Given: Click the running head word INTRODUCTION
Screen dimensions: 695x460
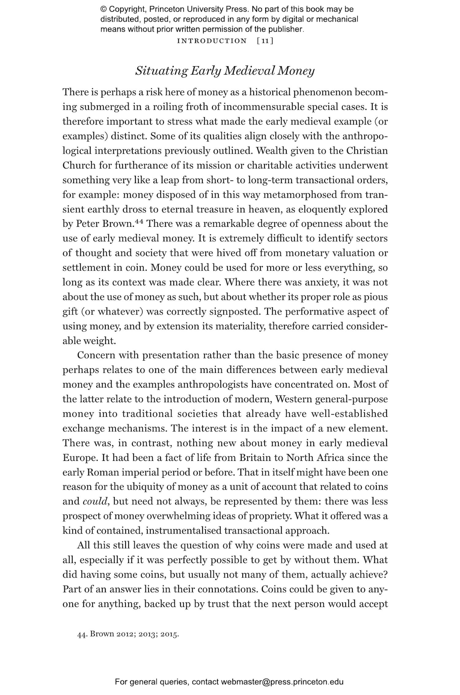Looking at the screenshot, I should pyautogui.click(x=212, y=41).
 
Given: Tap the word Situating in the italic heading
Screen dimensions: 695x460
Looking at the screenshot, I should pyautogui.click(x=161, y=71).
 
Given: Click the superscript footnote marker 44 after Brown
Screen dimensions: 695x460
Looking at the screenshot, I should pyautogui.click(x=139, y=221).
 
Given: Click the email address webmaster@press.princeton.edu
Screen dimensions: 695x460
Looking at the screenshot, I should pyautogui.click(x=282, y=682).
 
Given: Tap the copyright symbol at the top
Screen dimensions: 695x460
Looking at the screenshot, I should pyautogui.click(x=103, y=9).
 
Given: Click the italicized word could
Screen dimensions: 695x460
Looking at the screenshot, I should pyautogui.click(x=95, y=501).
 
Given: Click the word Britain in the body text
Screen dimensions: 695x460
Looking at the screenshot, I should pyautogui.click(x=255, y=458).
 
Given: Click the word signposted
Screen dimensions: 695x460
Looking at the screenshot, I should pyautogui.click(x=235, y=311).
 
